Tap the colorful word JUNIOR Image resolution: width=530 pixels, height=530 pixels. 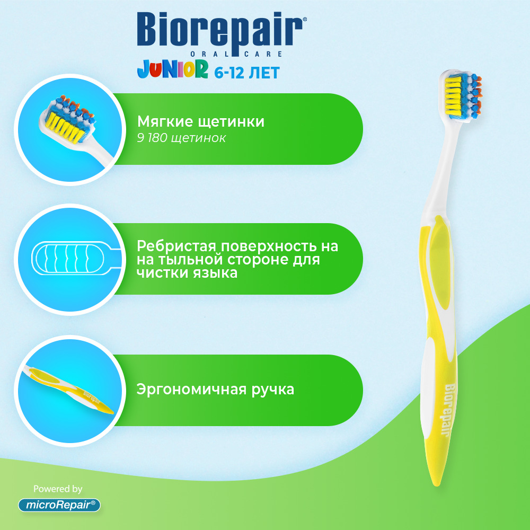[x=172, y=69]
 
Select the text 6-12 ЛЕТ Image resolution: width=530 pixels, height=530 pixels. [x=247, y=73]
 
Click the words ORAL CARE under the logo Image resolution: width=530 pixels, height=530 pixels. [x=236, y=54]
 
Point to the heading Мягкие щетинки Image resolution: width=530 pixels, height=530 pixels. [x=201, y=122]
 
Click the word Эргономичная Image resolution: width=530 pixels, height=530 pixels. [x=192, y=390]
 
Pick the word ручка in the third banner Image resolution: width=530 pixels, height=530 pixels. [x=273, y=390]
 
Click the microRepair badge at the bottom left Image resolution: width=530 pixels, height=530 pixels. [x=59, y=505]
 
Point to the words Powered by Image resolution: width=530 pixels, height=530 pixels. [x=58, y=489]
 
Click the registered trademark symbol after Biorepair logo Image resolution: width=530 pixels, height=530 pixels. [x=305, y=20]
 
